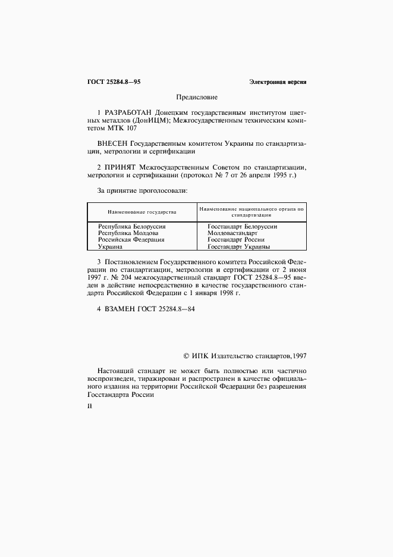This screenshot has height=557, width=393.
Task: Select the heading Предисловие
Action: [197, 96]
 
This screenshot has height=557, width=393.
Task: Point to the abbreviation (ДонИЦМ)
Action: [151, 120]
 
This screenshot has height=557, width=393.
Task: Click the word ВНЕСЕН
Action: [112, 143]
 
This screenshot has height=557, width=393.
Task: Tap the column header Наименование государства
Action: [142, 212]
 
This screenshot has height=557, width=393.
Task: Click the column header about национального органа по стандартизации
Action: [251, 212]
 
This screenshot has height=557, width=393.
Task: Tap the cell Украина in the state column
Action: [110, 246]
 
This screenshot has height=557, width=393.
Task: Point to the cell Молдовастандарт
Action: [232, 233]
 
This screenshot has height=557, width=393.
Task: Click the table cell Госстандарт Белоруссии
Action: [243, 226]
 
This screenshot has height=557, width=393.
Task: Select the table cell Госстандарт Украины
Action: [239, 246]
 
